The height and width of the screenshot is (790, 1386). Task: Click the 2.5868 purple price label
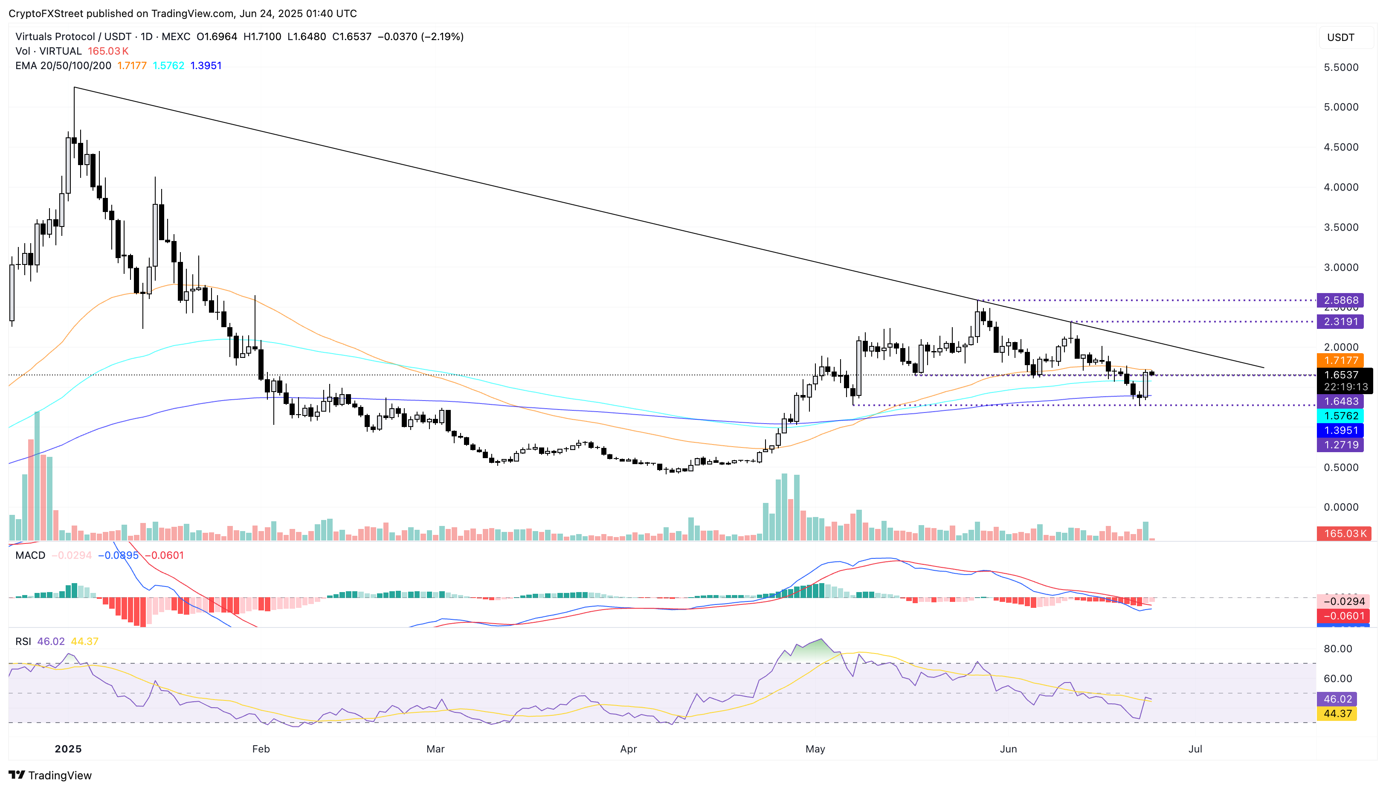point(1340,300)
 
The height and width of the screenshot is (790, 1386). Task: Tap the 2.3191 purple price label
point(1340,321)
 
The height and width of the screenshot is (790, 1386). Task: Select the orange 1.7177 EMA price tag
point(1340,360)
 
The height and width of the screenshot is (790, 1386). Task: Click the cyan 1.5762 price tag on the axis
point(1340,415)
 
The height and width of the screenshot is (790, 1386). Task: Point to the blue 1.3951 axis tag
point(1340,430)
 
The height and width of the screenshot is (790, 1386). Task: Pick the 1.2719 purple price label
point(1340,445)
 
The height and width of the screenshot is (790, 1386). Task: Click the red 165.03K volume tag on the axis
point(1344,533)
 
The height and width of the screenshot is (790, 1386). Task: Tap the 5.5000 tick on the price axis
point(1341,67)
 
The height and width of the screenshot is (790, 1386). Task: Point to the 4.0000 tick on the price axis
point(1341,187)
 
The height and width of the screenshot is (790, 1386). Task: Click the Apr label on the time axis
point(628,749)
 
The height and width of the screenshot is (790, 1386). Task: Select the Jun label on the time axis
point(1008,749)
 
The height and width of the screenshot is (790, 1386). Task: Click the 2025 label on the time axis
point(68,749)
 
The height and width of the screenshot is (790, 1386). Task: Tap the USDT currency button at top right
point(1340,38)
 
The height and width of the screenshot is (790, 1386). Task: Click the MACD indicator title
point(30,555)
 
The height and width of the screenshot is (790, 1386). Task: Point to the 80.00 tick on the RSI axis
point(1338,648)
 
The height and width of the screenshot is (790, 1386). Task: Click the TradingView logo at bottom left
point(50,775)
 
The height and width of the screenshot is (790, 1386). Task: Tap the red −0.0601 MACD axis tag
point(1343,616)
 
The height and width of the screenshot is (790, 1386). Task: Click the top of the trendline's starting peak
point(74,87)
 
